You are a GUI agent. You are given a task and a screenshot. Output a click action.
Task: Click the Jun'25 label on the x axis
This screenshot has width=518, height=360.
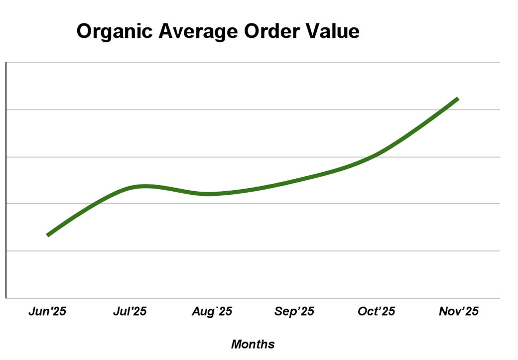click(x=47, y=312)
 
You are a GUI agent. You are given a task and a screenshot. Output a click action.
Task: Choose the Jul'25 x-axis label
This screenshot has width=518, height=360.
click(x=130, y=312)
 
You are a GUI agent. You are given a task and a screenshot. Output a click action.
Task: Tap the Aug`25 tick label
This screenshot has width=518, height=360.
click(x=212, y=312)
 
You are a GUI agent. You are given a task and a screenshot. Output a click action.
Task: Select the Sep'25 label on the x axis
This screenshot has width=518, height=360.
click(x=294, y=312)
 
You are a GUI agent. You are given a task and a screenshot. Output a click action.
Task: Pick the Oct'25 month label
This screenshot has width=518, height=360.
click(x=377, y=312)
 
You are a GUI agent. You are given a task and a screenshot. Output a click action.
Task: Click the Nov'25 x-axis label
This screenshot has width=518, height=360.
click(x=459, y=312)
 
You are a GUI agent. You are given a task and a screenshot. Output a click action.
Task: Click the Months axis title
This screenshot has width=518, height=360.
click(x=253, y=344)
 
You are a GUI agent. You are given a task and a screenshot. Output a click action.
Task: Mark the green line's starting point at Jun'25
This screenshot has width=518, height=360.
click(x=48, y=235)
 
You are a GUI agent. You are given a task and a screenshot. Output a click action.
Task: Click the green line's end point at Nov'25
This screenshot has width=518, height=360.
click(x=458, y=99)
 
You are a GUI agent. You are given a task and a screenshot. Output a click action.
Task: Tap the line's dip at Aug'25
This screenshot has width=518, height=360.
click(x=209, y=194)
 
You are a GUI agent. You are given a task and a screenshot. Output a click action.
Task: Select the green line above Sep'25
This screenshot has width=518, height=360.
click(x=294, y=180)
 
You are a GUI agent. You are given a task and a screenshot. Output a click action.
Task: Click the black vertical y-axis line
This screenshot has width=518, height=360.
click(x=6, y=179)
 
